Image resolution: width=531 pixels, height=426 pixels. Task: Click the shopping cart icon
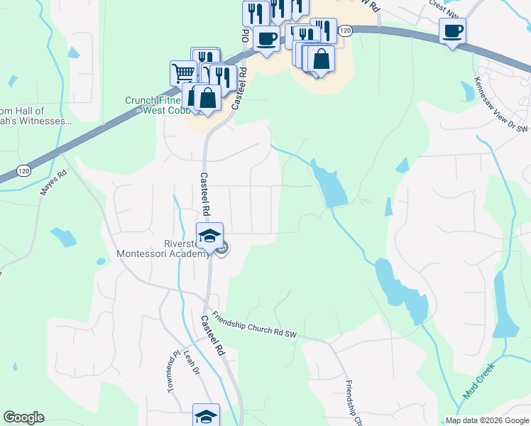(x=183, y=72)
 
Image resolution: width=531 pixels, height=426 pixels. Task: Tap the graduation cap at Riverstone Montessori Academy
(x=209, y=236)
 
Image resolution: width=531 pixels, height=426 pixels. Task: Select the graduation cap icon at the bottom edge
(x=206, y=415)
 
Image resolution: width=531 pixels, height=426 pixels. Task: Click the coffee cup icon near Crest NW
(x=453, y=31)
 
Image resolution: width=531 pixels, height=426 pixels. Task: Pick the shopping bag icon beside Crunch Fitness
(x=208, y=98)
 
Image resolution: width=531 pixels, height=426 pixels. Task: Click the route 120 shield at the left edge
(x=24, y=171)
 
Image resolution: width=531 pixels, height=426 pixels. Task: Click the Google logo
(x=23, y=417)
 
